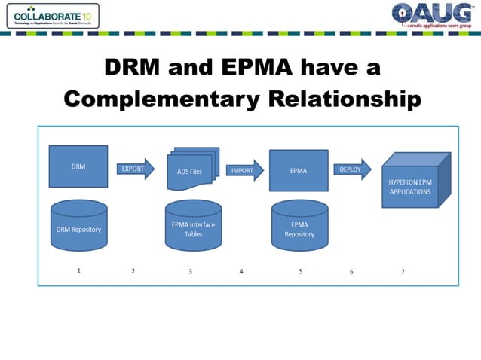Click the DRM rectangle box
pos(78,166)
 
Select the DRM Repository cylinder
pos(78,226)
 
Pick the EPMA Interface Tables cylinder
pos(193,225)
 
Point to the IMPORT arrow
pos(244,170)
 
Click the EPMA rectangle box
pos(299,170)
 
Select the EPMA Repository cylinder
pos(299,226)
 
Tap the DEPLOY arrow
pos(352,169)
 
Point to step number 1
pos(79,271)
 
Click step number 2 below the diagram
pos(133,271)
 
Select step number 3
pos(190,272)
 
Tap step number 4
pos(241,272)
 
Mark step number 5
pos(301,272)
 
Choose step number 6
pos(351,272)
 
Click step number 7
pos(403,272)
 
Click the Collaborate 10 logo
pos(51,15)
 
